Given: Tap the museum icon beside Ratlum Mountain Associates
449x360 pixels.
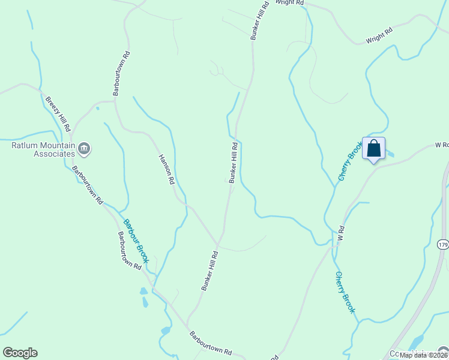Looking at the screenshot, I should [x=84, y=148].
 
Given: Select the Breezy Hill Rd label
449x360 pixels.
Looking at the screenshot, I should [x=58, y=114].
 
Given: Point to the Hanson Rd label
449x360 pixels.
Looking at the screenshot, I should [x=166, y=169].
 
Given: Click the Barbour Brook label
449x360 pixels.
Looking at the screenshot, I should [x=136, y=241].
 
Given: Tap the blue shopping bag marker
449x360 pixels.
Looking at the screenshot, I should [x=373, y=148].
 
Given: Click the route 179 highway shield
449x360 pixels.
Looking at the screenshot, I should [x=443, y=245].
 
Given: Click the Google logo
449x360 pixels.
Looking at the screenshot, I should [x=20, y=353].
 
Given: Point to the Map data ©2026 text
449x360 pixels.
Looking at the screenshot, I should [x=423, y=355].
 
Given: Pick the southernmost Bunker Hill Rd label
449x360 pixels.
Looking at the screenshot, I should [x=209, y=271].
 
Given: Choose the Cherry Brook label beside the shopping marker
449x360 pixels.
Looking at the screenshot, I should [x=351, y=161].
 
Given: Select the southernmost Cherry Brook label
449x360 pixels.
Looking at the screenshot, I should [x=345, y=292].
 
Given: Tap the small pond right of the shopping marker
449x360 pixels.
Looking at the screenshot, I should [x=391, y=154].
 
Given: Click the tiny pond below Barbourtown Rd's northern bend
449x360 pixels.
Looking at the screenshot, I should [x=97, y=109].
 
